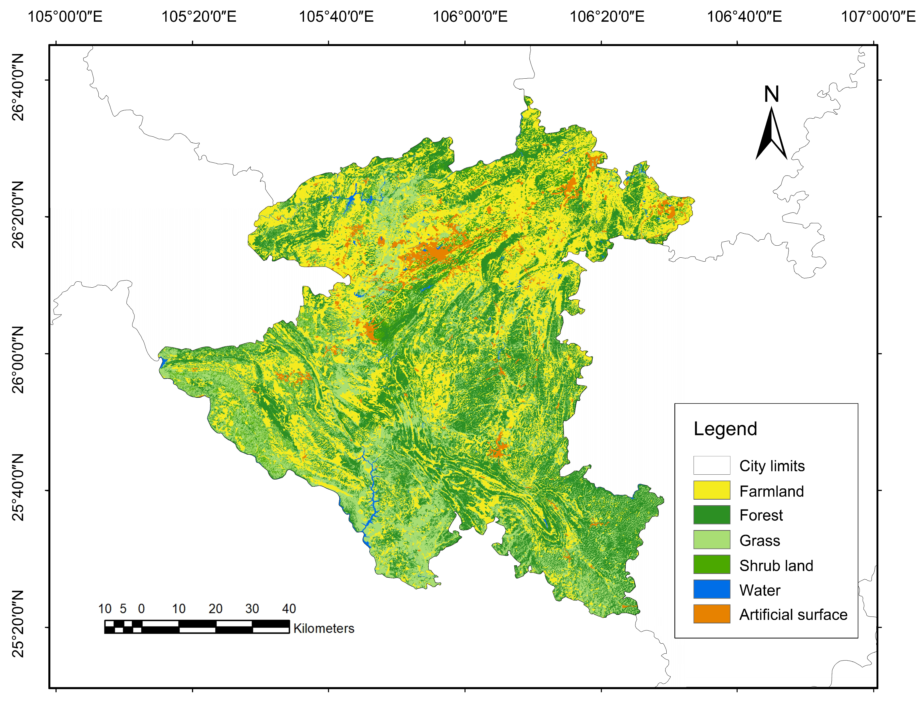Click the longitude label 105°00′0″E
(x=65, y=17)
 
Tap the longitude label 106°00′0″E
(x=470, y=17)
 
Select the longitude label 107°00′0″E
(x=878, y=17)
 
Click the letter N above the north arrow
(x=771, y=94)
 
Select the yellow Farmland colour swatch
(x=712, y=490)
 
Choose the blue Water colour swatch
(x=712, y=589)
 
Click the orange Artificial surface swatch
(x=712, y=614)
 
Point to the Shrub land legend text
(x=776, y=565)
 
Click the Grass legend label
(x=760, y=541)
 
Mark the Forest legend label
(x=761, y=515)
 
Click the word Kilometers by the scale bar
(x=324, y=629)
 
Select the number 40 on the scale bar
(x=289, y=609)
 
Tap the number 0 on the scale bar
(x=141, y=609)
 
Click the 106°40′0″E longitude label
(x=744, y=17)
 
